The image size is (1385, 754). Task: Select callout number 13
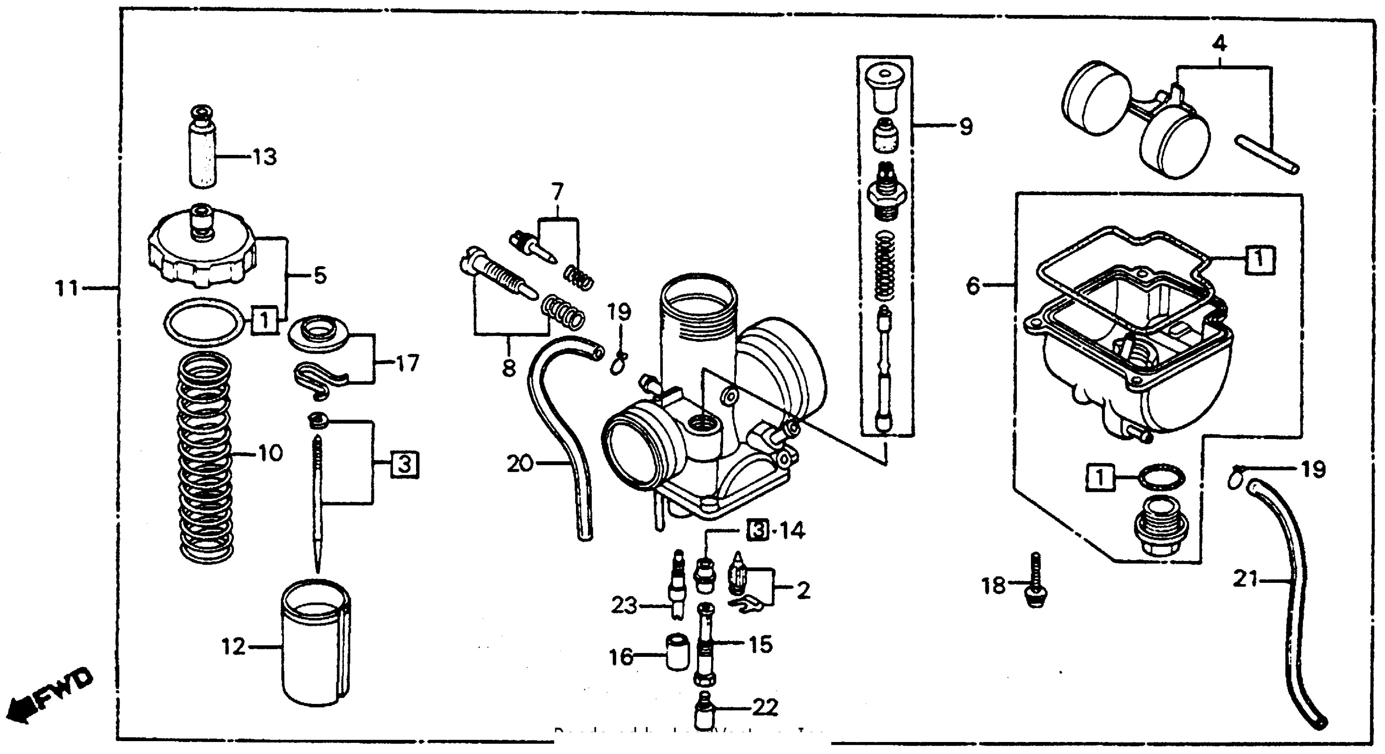pyautogui.click(x=264, y=157)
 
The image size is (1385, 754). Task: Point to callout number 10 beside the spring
pyautogui.click(x=270, y=453)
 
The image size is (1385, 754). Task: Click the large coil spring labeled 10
pyautogui.click(x=206, y=457)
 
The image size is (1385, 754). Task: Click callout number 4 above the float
pyautogui.click(x=1220, y=43)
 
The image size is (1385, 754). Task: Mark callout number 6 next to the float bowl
pyautogui.click(x=973, y=285)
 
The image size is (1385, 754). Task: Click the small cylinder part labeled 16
pyautogui.click(x=677, y=652)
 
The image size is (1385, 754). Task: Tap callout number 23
pyautogui.click(x=624, y=606)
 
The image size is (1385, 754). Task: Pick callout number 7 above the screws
pyautogui.click(x=557, y=192)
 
